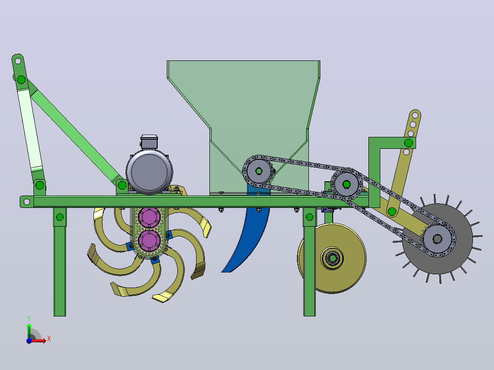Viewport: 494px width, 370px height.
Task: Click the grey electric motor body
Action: pyautogui.click(x=149, y=172)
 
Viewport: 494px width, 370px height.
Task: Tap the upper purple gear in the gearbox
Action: pyautogui.click(x=149, y=217)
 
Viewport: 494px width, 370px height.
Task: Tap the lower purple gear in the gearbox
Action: pyautogui.click(x=149, y=240)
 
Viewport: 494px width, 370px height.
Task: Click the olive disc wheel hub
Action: pyautogui.click(x=332, y=258)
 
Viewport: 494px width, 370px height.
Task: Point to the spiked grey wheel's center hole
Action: pyautogui.click(x=437, y=239)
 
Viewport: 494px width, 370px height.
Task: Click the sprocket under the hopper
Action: pyautogui.click(x=258, y=171)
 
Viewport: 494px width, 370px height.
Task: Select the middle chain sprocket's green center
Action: pyautogui.click(x=346, y=184)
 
